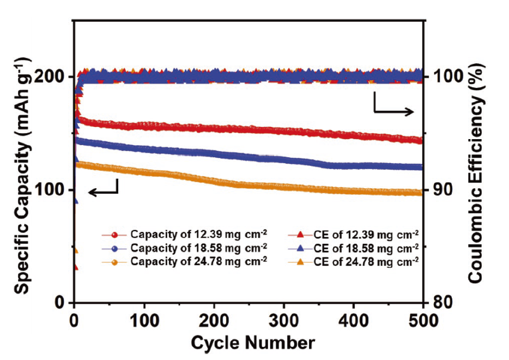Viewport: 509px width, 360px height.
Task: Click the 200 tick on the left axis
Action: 53,76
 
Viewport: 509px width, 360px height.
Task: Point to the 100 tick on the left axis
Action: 53,189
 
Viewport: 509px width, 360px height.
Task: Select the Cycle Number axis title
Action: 252,343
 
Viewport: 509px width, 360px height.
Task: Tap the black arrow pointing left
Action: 104,189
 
